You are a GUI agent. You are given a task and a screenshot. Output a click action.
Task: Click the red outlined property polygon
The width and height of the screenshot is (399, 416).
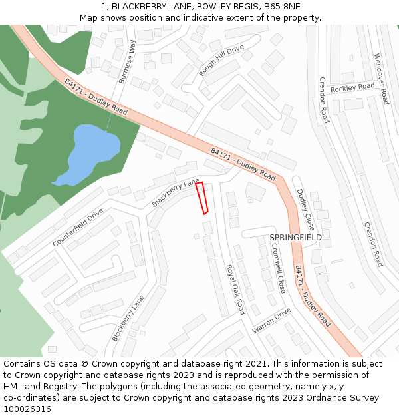[202, 198]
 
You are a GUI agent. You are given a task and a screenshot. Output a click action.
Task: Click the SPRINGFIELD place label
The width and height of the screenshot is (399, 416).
[295, 238]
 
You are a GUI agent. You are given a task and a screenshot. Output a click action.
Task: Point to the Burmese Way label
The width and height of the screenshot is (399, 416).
[126, 61]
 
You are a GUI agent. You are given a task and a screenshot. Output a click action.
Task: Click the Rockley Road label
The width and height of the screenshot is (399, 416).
[352, 87]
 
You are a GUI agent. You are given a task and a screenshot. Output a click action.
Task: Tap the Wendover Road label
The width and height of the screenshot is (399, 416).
[380, 79]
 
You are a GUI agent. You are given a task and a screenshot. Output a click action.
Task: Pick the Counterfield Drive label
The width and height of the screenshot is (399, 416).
[78, 227]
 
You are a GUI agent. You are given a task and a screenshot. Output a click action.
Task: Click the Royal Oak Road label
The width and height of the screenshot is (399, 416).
[235, 289]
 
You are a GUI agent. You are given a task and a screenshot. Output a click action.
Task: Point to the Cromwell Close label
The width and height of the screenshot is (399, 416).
[278, 268]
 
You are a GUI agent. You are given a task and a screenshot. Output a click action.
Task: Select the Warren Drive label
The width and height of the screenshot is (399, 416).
[271, 321]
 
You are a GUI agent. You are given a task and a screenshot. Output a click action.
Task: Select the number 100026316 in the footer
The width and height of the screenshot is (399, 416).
[27, 409]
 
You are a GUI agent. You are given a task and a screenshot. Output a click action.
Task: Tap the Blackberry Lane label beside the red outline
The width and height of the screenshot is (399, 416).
[176, 192]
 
